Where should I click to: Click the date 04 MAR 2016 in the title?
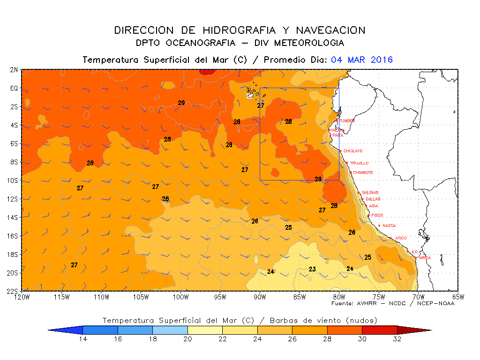tap(361, 60)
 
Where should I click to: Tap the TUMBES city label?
tap(347, 121)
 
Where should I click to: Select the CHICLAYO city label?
tap(352, 151)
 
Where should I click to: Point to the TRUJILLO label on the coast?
tap(359, 163)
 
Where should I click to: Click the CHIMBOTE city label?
tap(363, 172)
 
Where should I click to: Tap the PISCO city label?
tap(377, 215)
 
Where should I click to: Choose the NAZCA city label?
tap(389, 225)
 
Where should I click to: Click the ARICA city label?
tap(425, 258)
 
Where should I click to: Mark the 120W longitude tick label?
tap(22, 296)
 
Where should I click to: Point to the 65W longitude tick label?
tap(458, 296)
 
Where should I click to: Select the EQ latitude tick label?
tap(14, 88)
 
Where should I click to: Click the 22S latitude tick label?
tap(13, 291)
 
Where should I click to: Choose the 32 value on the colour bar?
tap(397, 339)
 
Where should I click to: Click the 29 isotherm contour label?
tap(181, 103)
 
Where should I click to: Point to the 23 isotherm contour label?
tap(312, 269)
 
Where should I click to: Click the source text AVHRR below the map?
tap(366, 304)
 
